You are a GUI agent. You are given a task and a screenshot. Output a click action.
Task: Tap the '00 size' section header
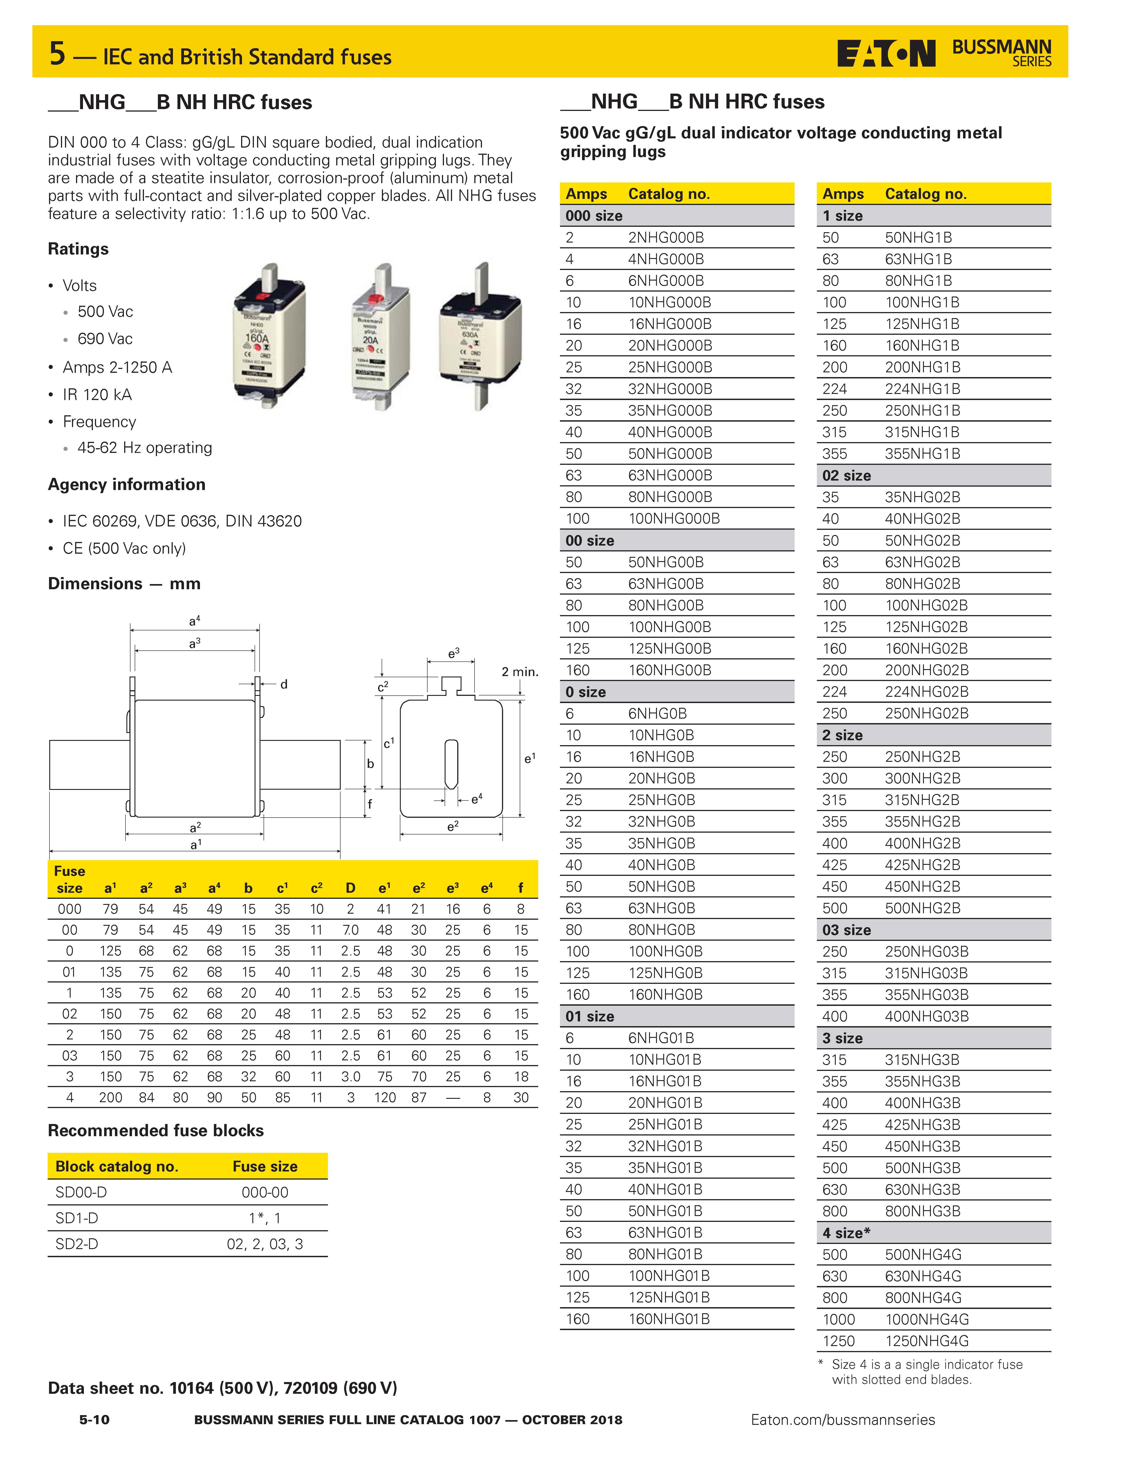[590, 540]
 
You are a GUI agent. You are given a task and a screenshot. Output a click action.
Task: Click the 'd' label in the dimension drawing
[284, 684]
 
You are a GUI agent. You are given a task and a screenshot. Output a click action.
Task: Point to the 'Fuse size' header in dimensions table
[69, 879]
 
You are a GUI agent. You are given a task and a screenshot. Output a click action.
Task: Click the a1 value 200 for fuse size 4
[111, 1098]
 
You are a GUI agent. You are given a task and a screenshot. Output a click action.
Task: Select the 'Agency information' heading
[126, 485]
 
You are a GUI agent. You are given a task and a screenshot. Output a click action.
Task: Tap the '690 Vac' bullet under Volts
[105, 339]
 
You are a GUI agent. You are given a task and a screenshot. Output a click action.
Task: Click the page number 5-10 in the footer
[94, 1420]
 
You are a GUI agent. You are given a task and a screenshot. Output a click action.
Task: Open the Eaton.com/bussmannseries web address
[843, 1420]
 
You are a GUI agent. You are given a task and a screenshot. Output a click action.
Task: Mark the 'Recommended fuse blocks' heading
[156, 1131]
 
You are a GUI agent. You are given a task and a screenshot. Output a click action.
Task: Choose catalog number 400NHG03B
[926, 1016]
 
